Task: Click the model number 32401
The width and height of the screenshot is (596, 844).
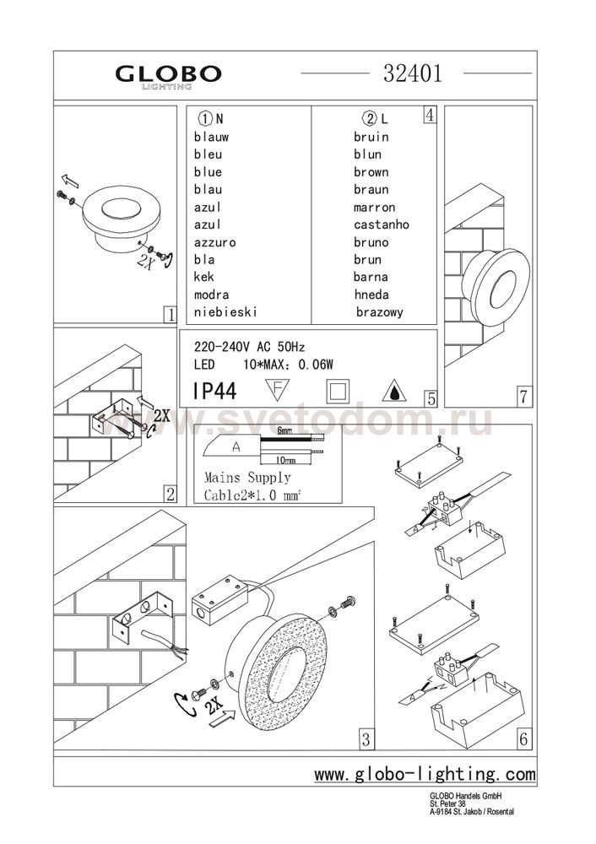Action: pyautogui.click(x=414, y=73)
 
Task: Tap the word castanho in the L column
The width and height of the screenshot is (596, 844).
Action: pyautogui.click(x=382, y=225)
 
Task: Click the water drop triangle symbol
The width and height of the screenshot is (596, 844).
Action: pyautogui.click(x=393, y=392)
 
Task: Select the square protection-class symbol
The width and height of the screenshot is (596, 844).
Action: pyautogui.click(x=338, y=392)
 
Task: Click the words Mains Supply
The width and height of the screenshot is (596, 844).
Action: pyautogui.click(x=242, y=478)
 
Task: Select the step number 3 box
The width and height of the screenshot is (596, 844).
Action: pyautogui.click(x=366, y=740)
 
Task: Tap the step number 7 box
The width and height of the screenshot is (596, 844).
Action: pyautogui.click(x=523, y=395)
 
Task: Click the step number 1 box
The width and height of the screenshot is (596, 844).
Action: pyautogui.click(x=169, y=315)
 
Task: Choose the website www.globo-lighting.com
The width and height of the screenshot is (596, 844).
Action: pyautogui.click(x=425, y=773)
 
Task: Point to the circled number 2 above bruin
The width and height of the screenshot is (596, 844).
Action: pyautogui.click(x=368, y=119)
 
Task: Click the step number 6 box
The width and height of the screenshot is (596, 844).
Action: pyautogui.click(x=523, y=740)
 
